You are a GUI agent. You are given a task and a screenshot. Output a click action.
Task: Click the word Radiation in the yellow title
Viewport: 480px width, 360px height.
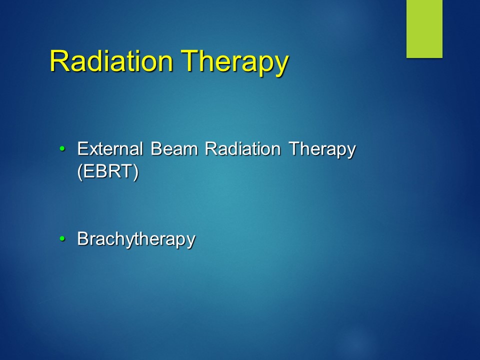tap(111, 61)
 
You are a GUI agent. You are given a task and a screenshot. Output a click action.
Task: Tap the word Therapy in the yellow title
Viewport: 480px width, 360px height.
tap(235, 63)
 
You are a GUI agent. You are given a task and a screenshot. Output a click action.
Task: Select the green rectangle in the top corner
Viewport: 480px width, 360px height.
tap(424, 29)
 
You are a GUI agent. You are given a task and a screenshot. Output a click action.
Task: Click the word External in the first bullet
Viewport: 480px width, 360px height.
tap(110, 149)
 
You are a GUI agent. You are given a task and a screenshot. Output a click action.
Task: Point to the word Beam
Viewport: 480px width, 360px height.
tap(174, 149)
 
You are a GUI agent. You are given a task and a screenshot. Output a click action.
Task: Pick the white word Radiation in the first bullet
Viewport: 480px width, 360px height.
tap(243, 149)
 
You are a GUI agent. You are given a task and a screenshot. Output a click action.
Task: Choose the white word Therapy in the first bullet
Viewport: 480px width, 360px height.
tap(322, 150)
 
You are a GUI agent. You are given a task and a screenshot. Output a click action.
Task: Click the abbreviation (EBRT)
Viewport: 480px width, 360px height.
tap(108, 171)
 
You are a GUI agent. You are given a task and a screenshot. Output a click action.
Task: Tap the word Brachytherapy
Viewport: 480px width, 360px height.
tap(136, 239)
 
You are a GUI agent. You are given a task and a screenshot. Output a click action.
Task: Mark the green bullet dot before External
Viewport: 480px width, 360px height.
tap(62, 149)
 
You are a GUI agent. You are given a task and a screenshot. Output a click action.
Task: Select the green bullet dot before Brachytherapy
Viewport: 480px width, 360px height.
tap(62, 239)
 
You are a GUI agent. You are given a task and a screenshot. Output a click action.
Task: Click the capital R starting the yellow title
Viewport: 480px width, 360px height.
tap(58, 61)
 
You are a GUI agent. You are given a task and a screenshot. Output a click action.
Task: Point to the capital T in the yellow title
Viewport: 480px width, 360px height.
tap(190, 61)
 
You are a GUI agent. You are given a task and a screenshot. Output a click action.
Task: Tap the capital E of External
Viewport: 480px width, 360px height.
tap(82, 149)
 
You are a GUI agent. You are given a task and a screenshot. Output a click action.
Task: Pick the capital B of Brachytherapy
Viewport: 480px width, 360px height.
tap(83, 238)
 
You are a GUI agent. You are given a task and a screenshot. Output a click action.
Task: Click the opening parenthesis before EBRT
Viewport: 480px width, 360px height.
tap(80, 172)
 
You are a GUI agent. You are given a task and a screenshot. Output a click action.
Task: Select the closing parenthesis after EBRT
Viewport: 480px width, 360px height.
tap(136, 172)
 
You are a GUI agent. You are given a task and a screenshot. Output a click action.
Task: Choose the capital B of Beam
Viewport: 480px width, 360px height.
tap(156, 149)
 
